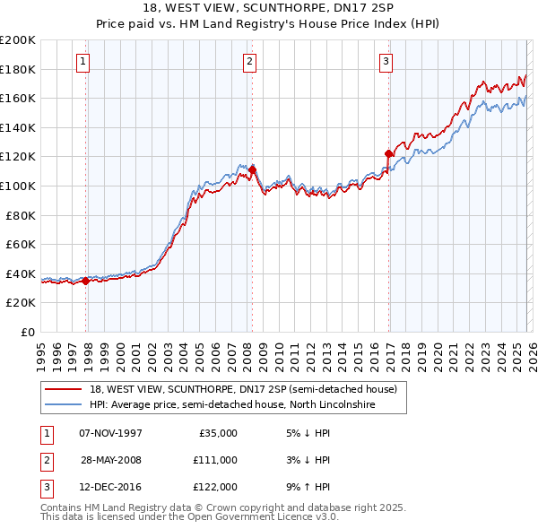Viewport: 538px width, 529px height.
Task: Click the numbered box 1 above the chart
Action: (x=82, y=62)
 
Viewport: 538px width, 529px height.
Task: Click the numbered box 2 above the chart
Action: (x=248, y=62)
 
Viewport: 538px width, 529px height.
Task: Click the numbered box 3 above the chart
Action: (x=385, y=62)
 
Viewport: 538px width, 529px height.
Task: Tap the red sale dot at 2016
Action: (x=388, y=153)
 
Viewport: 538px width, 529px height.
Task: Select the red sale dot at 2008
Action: (x=253, y=169)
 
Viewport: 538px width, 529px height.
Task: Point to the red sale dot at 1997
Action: (x=86, y=281)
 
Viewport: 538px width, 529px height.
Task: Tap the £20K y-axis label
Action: (x=21, y=303)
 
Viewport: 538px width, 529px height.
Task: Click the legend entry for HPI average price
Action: (x=231, y=405)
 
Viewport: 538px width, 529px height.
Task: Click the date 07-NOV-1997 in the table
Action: (x=111, y=433)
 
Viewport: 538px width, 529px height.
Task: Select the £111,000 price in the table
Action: (x=215, y=460)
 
